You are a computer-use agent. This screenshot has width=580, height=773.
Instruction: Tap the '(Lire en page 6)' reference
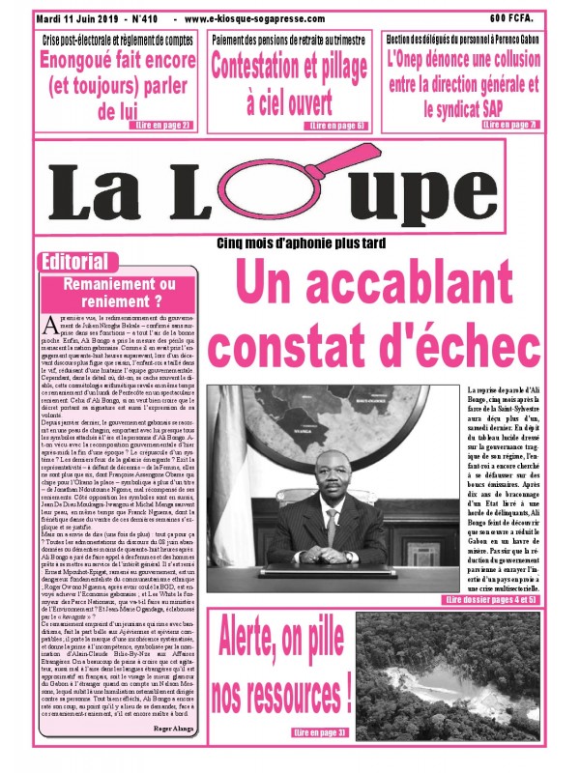(x=335, y=126)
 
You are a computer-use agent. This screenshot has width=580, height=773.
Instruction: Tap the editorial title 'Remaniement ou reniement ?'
(x=119, y=292)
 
